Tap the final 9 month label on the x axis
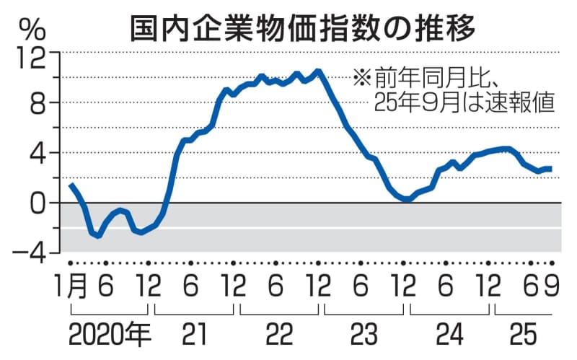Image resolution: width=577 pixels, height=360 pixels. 552,288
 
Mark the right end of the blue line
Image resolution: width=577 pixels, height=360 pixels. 552,169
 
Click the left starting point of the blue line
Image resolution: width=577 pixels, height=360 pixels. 71,185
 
